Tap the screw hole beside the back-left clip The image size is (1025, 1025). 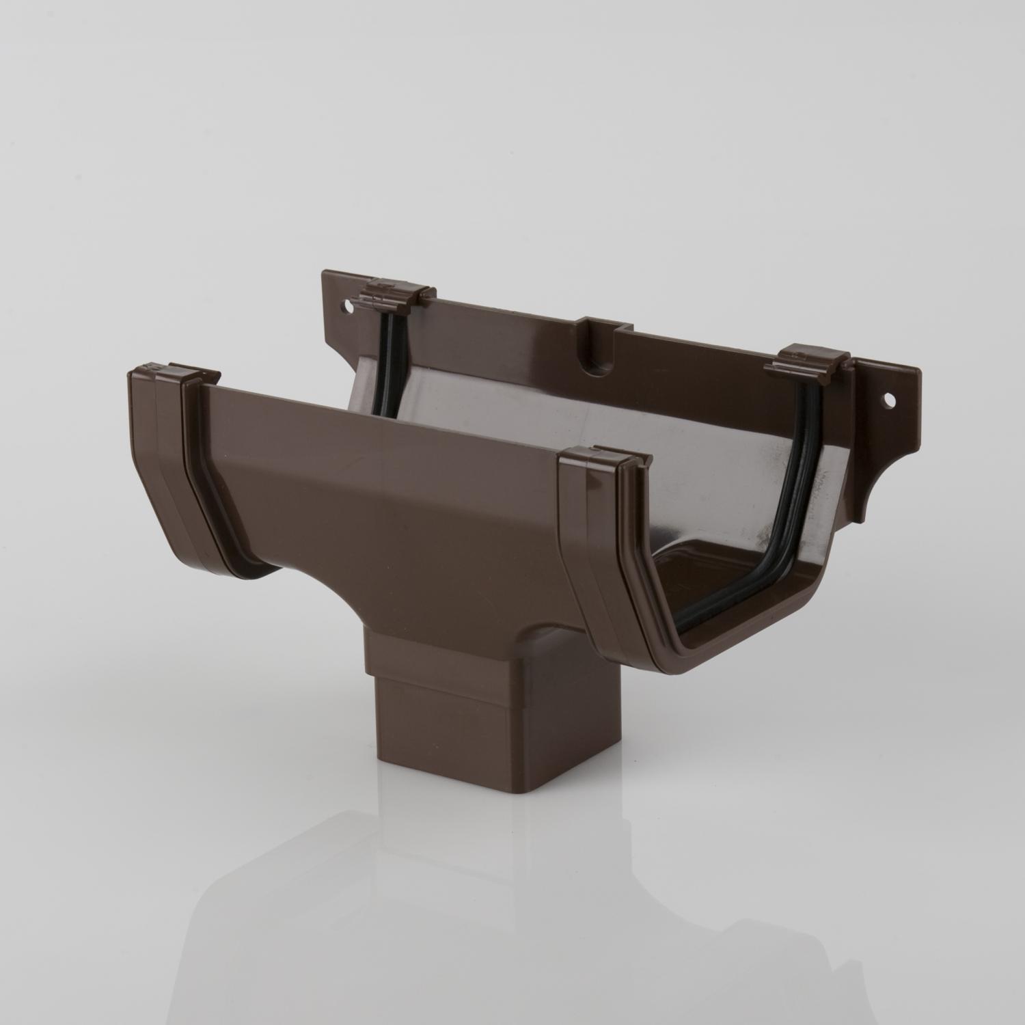point(348,312)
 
